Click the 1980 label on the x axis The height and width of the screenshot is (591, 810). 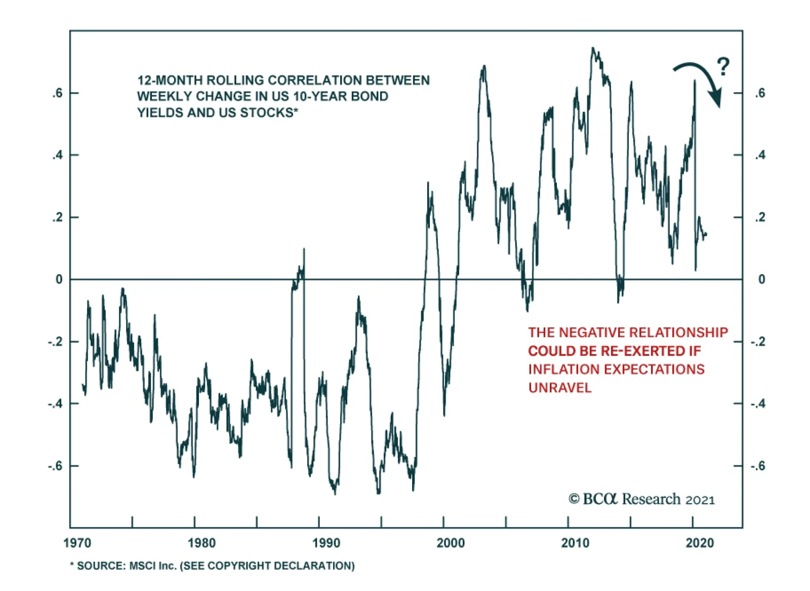click(x=201, y=543)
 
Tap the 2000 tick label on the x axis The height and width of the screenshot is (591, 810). click(x=451, y=543)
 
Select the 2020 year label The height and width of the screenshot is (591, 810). click(x=700, y=543)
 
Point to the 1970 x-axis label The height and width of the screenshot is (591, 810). click(x=77, y=543)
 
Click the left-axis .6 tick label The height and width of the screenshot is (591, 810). click(x=57, y=93)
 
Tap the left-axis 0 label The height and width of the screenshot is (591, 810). click(x=59, y=279)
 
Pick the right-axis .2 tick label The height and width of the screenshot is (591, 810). click(x=760, y=218)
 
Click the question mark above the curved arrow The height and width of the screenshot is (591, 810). click(x=723, y=67)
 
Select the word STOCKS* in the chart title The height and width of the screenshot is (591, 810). click(x=269, y=112)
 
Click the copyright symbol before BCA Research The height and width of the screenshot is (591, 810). click(x=574, y=499)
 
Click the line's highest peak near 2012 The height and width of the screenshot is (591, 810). click(x=593, y=49)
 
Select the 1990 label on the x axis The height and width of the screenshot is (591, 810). click(x=326, y=543)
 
